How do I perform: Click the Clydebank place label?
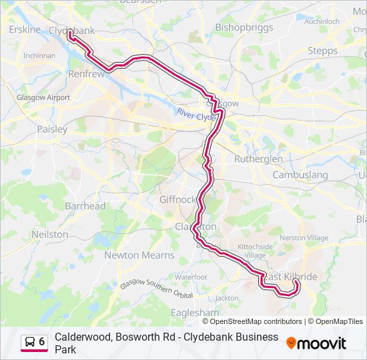[x=71, y=31]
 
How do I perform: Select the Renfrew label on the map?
[x=87, y=74]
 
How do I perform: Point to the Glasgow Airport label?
[x=43, y=97]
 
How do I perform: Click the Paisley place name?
[x=52, y=129]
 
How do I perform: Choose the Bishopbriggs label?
[x=244, y=27]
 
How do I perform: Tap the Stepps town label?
[x=323, y=51]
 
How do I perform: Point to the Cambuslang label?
[x=300, y=175]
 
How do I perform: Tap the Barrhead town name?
[x=85, y=206]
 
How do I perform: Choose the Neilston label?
[x=50, y=235]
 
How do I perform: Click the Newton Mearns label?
[x=139, y=255]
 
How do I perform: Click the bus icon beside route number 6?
[x=30, y=342]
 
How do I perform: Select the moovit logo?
[x=316, y=343]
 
